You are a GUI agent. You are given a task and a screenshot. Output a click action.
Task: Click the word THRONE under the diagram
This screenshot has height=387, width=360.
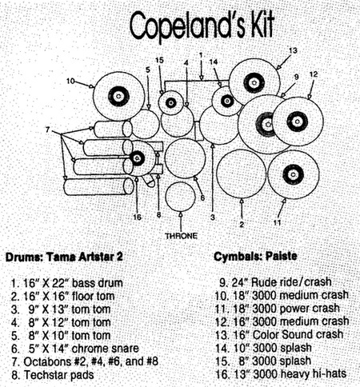coord(181,236)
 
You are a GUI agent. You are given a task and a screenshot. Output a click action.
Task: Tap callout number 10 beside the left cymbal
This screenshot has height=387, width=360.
coord(70,81)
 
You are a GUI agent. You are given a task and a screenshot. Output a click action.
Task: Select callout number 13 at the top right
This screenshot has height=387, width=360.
coord(293,50)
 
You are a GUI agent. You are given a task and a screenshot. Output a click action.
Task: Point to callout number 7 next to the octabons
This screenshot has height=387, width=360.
coord(47,130)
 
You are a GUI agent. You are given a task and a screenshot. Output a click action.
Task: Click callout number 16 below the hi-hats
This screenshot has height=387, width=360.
coord(137,217)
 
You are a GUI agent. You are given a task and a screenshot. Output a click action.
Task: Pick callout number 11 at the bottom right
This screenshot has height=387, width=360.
coord(278,222)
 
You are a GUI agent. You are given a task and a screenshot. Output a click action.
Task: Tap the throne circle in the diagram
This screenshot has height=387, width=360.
coord(181,197)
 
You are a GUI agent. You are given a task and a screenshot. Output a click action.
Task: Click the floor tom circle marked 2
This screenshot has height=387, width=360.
coord(242,174)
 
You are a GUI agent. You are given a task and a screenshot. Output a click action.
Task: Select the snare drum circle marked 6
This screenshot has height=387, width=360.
coord(185,158)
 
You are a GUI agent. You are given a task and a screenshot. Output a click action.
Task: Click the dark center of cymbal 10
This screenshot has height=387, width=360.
coord(118,96)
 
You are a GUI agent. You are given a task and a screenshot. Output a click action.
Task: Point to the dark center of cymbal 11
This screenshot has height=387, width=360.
coord(293,174)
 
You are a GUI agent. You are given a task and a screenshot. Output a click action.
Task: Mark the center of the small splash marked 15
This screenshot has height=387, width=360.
coord(170,102)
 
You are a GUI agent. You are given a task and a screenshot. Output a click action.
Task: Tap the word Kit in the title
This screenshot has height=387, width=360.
coord(262,25)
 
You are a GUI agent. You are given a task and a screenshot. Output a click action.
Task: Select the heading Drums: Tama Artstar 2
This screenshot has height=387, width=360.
coord(64,257)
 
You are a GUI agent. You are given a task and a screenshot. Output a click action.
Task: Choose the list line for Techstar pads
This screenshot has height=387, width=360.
coord(53,375)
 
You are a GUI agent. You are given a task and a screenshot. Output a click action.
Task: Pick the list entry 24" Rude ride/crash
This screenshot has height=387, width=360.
coord(275,282)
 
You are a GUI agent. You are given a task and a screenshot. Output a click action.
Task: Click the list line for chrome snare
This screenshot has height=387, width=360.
coord(75,349)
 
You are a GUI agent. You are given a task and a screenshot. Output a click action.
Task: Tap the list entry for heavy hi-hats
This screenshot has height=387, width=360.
coord(281,373)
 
